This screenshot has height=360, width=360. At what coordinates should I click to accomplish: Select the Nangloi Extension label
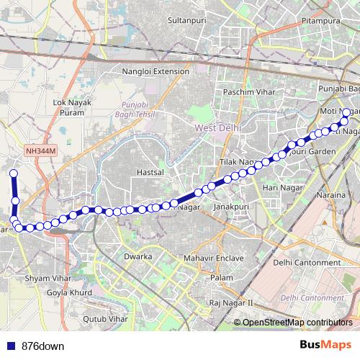(156, 72)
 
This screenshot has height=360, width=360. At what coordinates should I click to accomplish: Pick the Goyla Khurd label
(70, 293)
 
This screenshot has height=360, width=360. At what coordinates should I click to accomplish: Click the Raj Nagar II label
(231, 304)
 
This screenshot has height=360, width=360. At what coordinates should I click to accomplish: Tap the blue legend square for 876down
(9, 346)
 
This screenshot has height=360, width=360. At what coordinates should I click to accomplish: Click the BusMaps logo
(325, 346)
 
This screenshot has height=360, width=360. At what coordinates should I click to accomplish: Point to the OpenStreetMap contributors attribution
(297, 322)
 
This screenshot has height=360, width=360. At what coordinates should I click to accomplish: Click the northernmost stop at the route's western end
(13, 174)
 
